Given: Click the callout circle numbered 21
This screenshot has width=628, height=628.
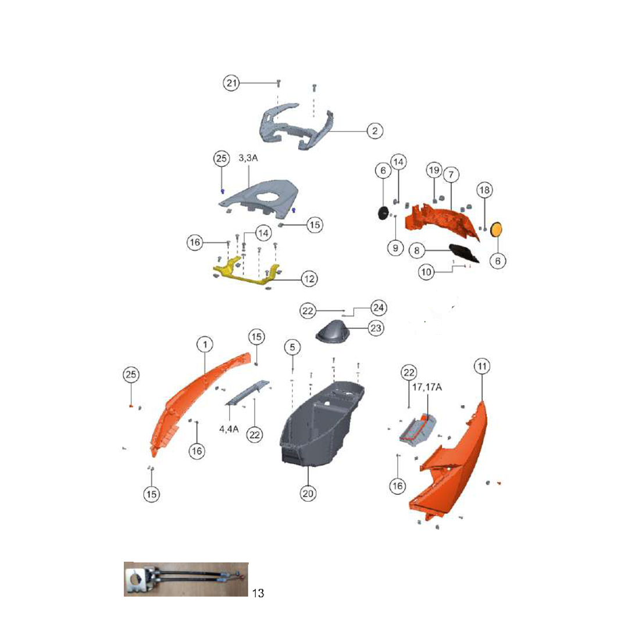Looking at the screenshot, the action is pyautogui.click(x=231, y=83).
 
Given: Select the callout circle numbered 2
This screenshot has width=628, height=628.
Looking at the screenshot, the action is pyautogui.click(x=375, y=131).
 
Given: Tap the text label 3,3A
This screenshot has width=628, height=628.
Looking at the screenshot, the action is pyautogui.click(x=248, y=158).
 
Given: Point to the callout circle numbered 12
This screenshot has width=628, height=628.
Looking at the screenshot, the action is pyautogui.click(x=309, y=279).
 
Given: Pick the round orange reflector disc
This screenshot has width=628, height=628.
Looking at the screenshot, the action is pyautogui.click(x=497, y=230).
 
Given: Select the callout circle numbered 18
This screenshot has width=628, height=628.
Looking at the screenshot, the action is pyautogui.click(x=484, y=190).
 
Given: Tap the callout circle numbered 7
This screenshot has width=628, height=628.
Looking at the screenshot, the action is pyautogui.click(x=451, y=174).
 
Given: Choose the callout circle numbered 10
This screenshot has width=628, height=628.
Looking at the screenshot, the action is pyautogui.click(x=426, y=272).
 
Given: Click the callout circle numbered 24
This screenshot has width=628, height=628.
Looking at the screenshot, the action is pyautogui.click(x=379, y=308).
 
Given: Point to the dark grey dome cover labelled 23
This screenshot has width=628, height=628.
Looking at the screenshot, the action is pyautogui.click(x=331, y=331).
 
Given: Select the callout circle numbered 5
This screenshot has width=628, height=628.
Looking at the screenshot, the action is pyautogui.click(x=292, y=347).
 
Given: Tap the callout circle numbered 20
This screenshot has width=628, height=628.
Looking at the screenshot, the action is pyautogui.click(x=308, y=494).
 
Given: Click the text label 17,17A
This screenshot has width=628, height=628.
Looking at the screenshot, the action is pyautogui.click(x=427, y=387).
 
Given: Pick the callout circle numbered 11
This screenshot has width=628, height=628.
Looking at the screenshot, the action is pyautogui.click(x=482, y=366).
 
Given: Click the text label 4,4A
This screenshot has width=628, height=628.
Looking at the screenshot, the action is pyautogui.click(x=229, y=429).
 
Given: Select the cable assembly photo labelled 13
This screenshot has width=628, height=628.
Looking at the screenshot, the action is pyautogui.click(x=186, y=579).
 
